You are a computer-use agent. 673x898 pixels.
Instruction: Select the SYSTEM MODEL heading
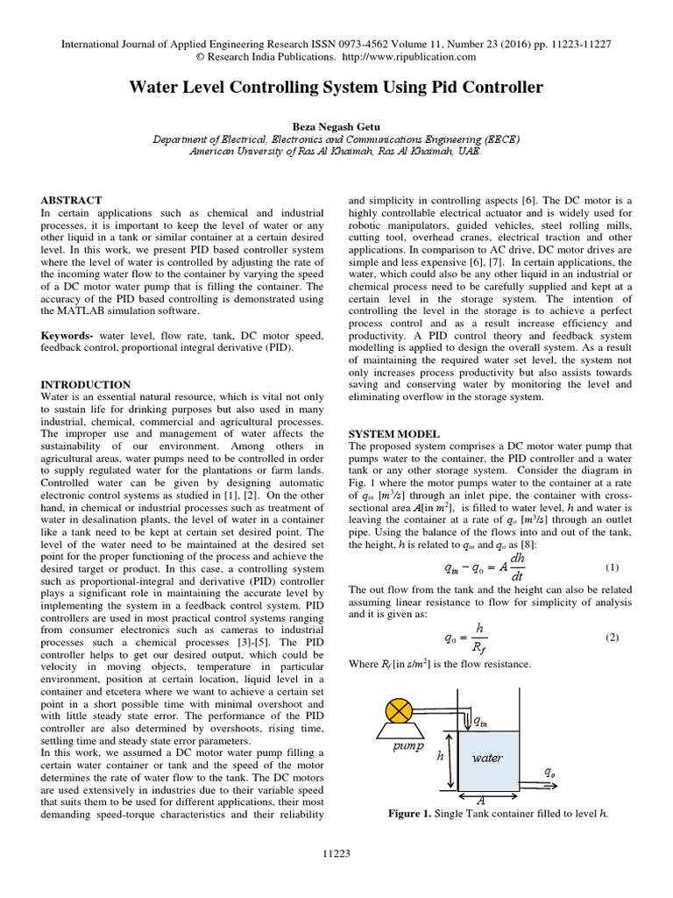click(394, 434)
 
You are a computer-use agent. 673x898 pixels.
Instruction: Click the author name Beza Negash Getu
click(336, 125)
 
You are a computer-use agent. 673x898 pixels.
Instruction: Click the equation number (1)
click(612, 567)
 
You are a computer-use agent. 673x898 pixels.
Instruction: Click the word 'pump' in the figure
click(407, 748)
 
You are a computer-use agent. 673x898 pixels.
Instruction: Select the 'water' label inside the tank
click(488, 755)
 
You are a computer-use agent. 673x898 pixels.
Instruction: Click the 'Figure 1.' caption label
click(409, 813)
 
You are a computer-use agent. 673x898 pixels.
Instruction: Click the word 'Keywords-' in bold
click(70, 337)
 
